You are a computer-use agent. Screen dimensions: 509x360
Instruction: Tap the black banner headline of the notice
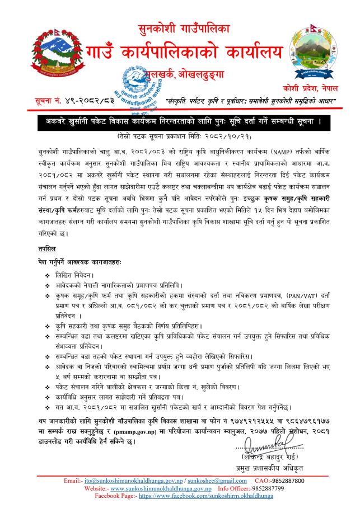(180, 121)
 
